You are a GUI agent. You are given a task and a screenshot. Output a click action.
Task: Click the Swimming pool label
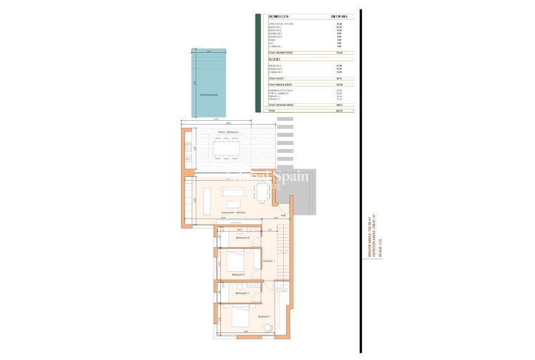pyautogui.click(x=209, y=95)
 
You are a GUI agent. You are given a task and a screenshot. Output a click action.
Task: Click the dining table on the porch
pyautogui.click(x=226, y=149)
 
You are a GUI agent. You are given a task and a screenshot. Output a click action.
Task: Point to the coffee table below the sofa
pyautogui.click(x=233, y=203)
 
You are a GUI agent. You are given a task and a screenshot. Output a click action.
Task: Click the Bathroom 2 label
pyautogui.click(x=243, y=238)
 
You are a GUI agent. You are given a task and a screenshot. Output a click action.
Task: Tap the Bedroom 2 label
pyautogui.click(x=238, y=275)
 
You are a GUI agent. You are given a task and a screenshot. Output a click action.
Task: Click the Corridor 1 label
pyautogui.click(x=269, y=261)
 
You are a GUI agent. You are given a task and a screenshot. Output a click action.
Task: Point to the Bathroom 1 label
pyautogui.click(x=243, y=293)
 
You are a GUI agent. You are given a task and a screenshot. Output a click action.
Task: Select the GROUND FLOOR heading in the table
pyautogui.click(x=278, y=17)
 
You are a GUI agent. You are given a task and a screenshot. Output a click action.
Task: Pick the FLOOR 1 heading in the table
pyautogui.click(x=274, y=59)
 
